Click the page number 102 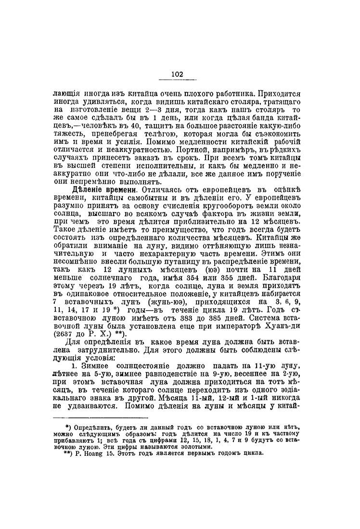click(x=177, y=74)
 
